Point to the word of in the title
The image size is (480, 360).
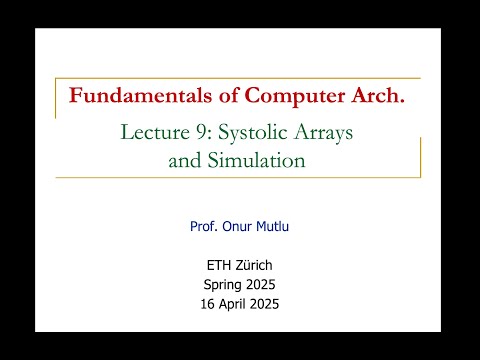coord(213,96)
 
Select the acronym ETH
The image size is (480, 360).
coord(218,266)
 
